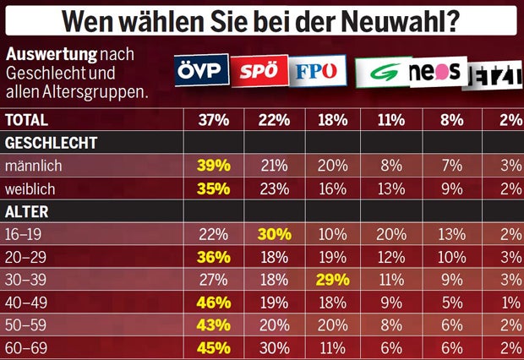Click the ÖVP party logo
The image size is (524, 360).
pyautogui.click(x=200, y=71)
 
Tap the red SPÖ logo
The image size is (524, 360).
pyautogui.click(x=258, y=72)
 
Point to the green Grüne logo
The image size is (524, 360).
pyautogui.click(x=381, y=73)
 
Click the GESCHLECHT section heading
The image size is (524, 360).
pyautogui.click(x=51, y=143)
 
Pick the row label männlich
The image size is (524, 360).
pyautogui.click(x=32, y=166)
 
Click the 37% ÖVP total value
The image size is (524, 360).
pyautogui.click(x=213, y=120)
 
